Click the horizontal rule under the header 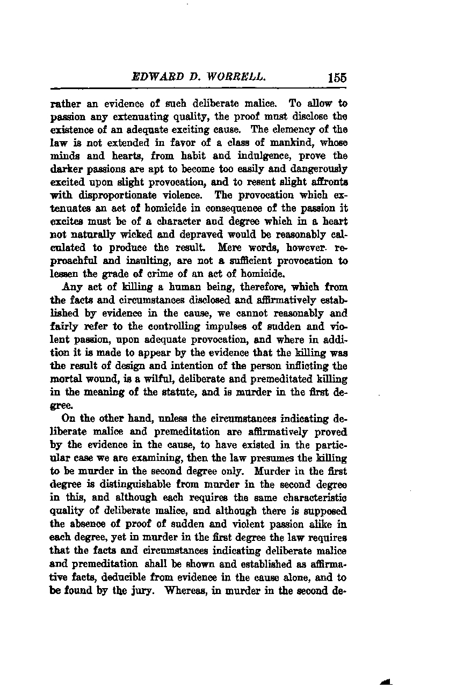[x=198, y=89]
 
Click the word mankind [x=289, y=142]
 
